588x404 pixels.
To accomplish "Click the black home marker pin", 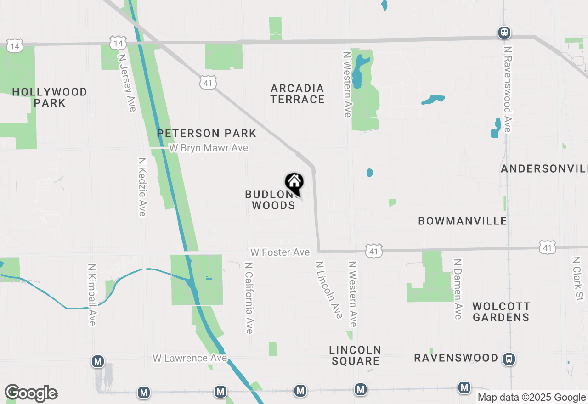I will tap(294, 183).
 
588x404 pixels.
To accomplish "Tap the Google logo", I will tap(31, 393).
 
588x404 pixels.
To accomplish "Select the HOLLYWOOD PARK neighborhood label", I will tap(50, 97).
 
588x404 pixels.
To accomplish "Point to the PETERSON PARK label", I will tap(207, 133).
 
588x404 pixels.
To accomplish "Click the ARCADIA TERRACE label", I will tap(298, 93).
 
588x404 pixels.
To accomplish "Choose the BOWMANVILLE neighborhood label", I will tap(463, 221).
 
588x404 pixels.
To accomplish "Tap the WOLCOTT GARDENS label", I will tap(501, 311).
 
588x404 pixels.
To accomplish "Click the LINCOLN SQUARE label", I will tap(355, 355).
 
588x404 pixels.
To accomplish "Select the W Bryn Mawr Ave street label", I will tap(209, 148).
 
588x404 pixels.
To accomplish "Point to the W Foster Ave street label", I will tap(280, 252).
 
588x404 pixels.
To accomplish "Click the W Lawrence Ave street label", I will tap(190, 358).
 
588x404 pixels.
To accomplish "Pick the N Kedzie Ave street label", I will tap(142, 187).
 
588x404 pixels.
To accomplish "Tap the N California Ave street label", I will tap(249, 298).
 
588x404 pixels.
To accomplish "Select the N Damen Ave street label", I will tap(457, 289).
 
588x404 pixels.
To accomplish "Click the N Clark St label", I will tap(577, 279).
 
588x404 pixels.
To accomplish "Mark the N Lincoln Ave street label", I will tap(329, 290).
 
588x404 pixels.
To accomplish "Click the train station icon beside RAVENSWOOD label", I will tap(509, 359).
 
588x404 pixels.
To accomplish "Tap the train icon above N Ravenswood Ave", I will tap(504, 33).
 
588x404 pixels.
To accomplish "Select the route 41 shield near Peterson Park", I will tap(207, 83).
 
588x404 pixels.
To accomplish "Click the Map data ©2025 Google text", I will tap(531, 398).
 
